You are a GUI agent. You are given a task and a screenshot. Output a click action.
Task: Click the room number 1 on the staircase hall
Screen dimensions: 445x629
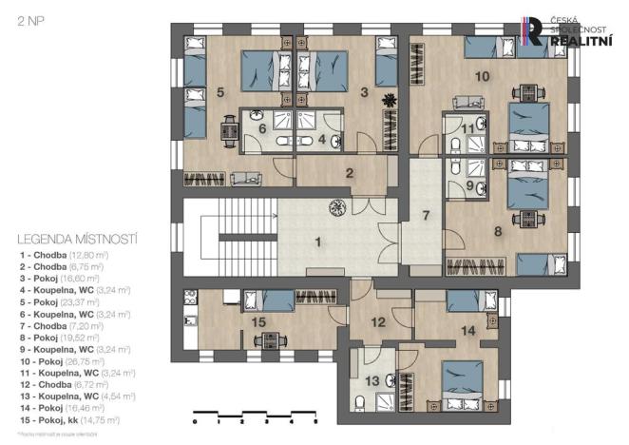318,242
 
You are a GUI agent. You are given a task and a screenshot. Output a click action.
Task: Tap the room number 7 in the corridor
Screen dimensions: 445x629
426,214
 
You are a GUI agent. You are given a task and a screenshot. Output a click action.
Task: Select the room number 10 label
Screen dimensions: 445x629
483,75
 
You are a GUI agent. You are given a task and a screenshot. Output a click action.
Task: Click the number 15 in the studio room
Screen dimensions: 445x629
259,323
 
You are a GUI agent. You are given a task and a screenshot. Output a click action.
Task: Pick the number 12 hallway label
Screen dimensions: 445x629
378,322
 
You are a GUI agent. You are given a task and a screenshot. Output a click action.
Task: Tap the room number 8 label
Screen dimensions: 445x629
497,229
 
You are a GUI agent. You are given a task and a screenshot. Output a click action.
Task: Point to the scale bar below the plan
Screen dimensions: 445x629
254,418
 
